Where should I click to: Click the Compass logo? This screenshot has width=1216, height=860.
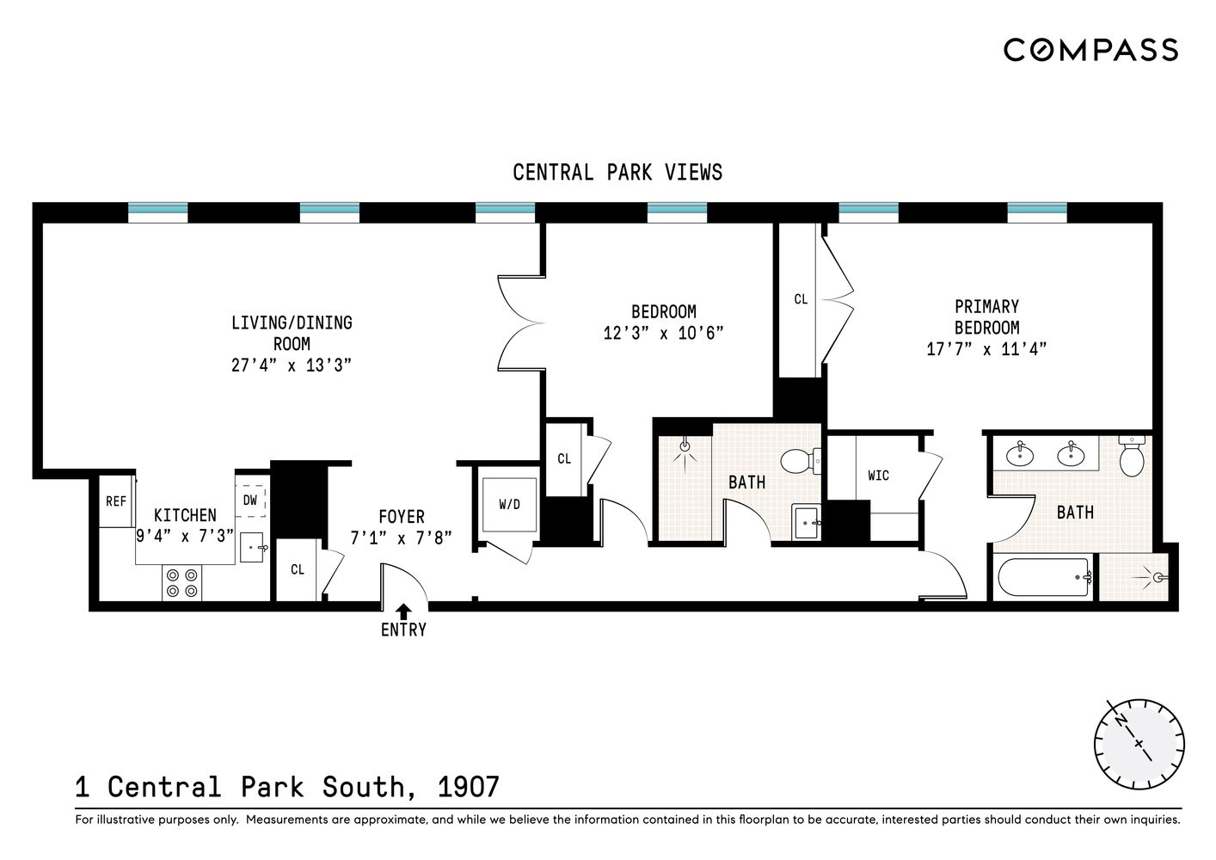click(1090, 50)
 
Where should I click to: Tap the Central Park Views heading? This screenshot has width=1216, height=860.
click(617, 173)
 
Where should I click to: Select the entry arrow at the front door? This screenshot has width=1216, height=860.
click(403, 611)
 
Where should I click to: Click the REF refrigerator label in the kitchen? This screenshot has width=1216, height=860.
click(116, 501)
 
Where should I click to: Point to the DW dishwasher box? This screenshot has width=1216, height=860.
click(250, 500)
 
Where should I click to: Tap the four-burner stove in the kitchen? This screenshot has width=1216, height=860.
click(181, 583)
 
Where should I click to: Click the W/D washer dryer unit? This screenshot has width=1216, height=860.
click(509, 505)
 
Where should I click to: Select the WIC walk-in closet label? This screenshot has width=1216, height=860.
click(878, 476)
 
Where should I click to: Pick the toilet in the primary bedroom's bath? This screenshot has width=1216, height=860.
click(1132, 457)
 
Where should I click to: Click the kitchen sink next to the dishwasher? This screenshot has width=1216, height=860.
click(252, 547)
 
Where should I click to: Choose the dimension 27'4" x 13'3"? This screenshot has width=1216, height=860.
click(292, 365)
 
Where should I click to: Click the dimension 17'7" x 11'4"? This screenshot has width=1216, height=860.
click(986, 349)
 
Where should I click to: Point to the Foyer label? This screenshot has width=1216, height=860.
click(402, 517)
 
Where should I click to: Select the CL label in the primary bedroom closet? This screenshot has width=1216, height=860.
click(800, 299)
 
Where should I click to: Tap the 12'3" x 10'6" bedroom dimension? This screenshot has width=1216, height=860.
click(663, 333)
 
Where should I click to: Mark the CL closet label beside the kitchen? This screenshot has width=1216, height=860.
click(298, 569)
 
